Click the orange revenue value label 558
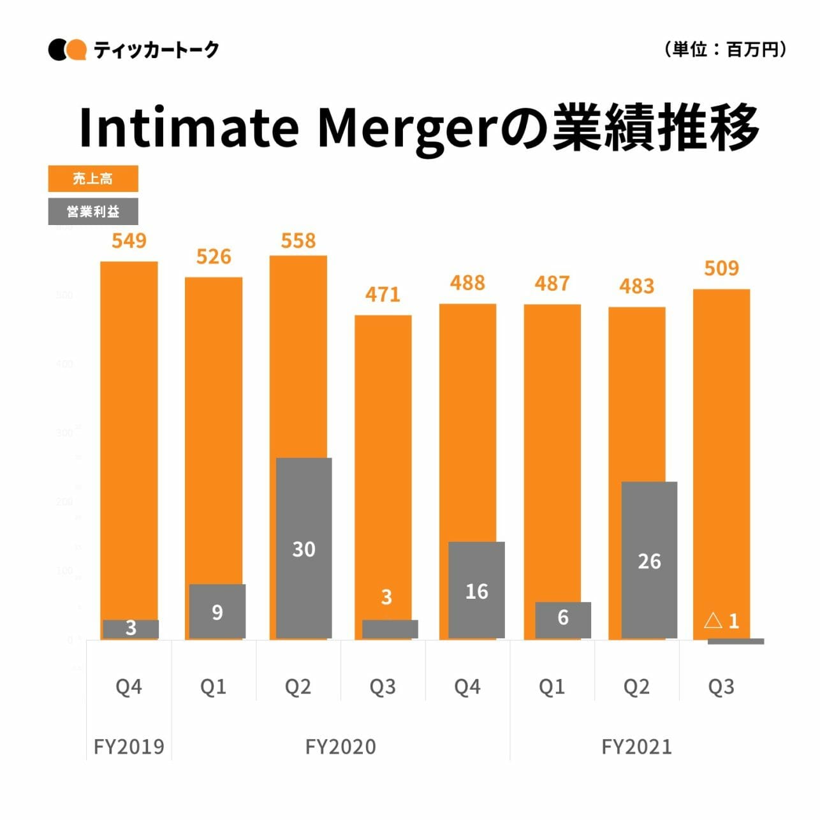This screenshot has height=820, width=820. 298,241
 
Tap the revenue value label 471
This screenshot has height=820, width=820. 383,295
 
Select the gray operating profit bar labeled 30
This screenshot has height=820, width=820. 304,548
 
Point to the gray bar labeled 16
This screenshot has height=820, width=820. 476,590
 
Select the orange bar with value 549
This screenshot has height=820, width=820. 129,434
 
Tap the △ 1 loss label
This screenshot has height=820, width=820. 721,620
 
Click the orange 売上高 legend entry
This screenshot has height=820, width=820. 93,179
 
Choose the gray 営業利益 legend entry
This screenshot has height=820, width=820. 93,212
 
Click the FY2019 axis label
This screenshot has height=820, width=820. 129,747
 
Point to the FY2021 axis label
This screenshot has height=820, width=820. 636,747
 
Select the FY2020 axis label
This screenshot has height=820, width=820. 340,747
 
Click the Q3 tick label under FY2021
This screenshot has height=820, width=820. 721,687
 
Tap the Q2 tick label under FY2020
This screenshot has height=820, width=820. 298,687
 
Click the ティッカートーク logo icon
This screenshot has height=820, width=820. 67,50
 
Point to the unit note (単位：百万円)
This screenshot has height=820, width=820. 725,49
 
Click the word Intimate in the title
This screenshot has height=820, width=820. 189,128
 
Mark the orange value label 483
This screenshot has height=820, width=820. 636,286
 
